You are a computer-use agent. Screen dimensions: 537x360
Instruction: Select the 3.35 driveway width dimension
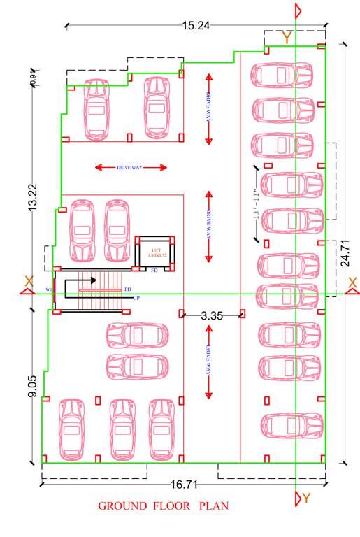pyautogui.click(x=211, y=316)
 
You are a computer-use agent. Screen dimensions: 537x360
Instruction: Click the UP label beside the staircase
pyautogui.click(x=127, y=297)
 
